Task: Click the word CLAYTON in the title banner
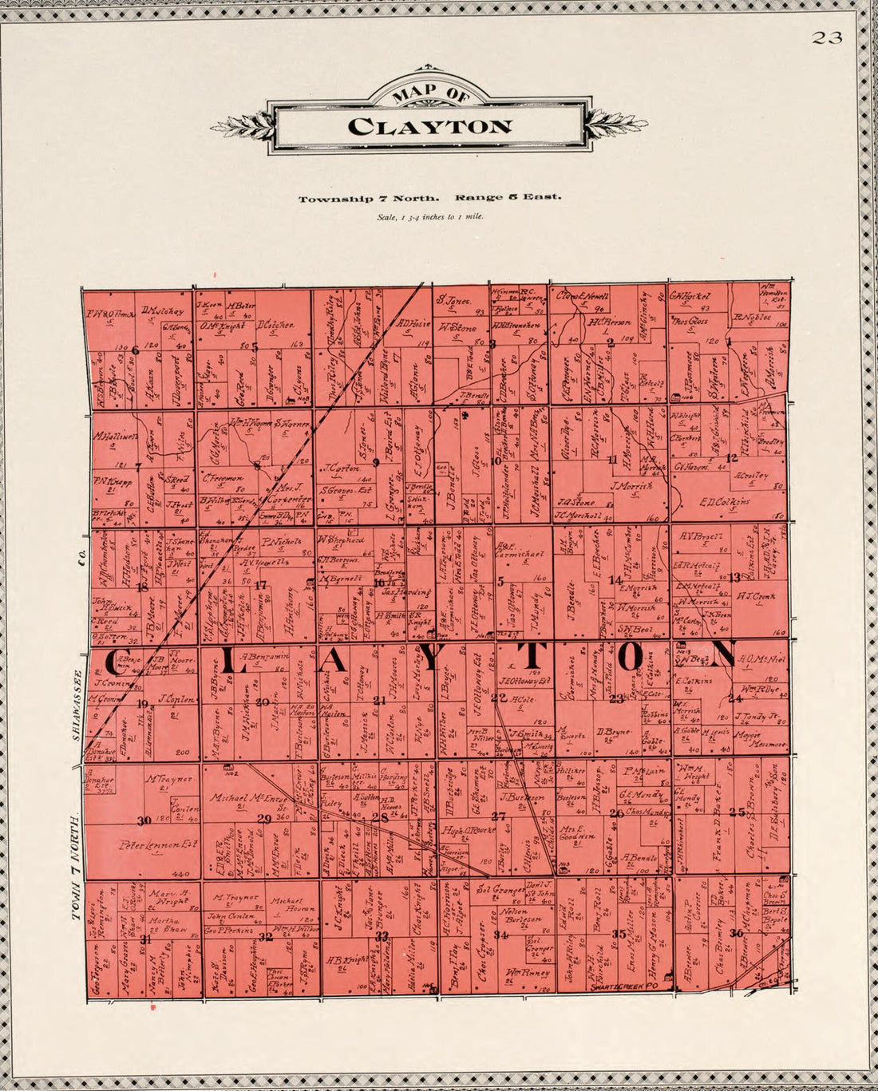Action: point(430,126)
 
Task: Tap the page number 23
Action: point(828,38)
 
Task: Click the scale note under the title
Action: point(430,216)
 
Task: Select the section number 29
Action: point(264,817)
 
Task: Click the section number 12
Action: point(732,457)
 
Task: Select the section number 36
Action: point(736,933)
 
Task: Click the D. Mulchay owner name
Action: point(162,311)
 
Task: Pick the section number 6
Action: point(136,350)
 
